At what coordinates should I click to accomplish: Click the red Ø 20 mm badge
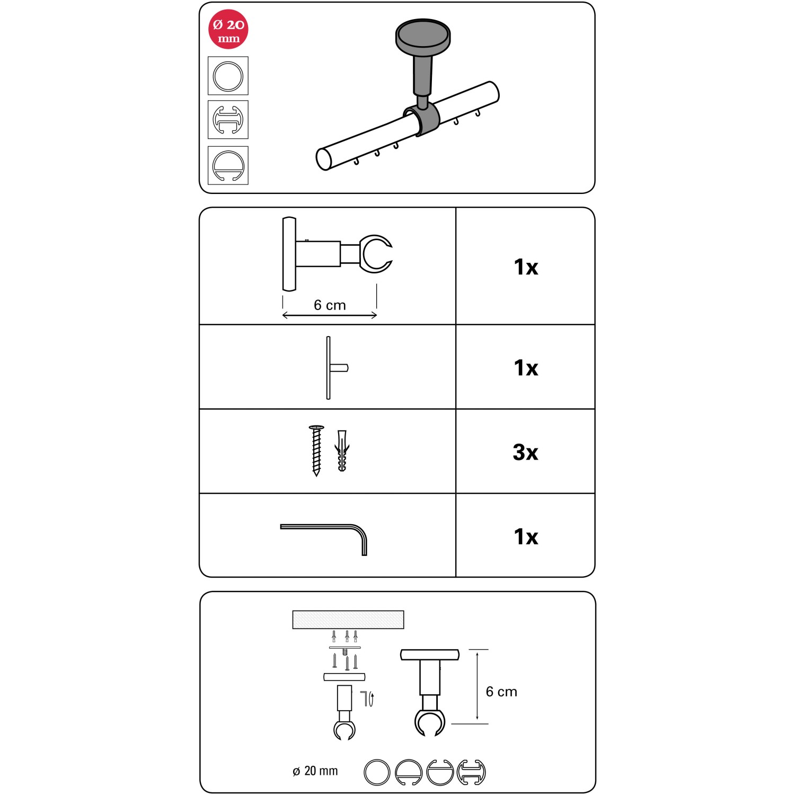228,30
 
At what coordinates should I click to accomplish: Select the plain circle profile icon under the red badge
228,76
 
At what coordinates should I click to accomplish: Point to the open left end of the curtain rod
324,159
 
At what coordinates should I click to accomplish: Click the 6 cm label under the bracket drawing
330,305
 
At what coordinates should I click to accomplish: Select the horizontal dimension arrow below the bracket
330,316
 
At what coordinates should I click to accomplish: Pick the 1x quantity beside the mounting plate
526,368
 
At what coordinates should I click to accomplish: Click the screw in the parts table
316,450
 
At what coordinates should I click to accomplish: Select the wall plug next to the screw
342,451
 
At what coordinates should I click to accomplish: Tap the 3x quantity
525,452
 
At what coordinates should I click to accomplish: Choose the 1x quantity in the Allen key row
526,537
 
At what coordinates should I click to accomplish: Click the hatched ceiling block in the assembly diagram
348,620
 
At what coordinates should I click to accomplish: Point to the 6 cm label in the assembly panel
501,692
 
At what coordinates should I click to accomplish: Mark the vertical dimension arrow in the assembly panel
478,686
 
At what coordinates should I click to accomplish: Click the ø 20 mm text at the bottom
315,771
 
